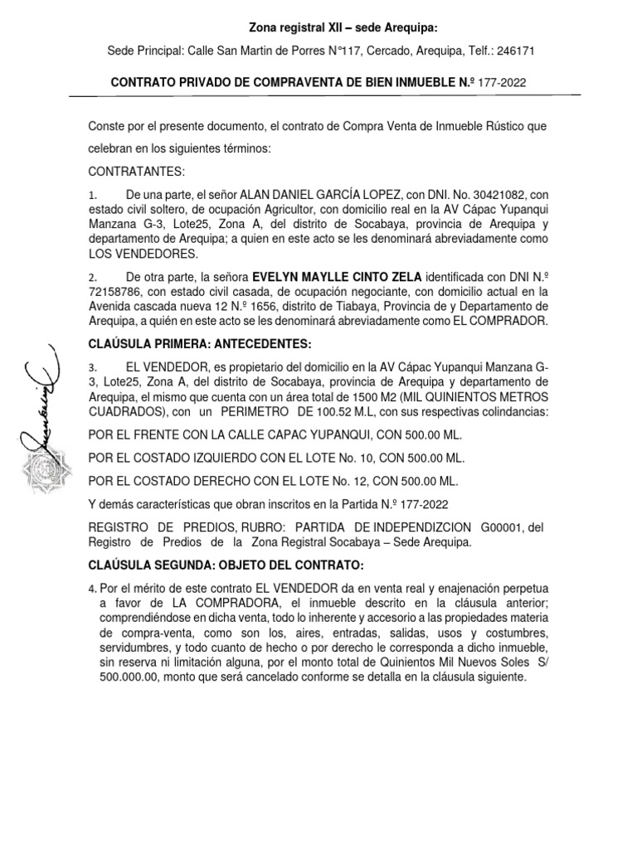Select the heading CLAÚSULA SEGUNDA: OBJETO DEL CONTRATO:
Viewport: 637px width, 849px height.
(226, 565)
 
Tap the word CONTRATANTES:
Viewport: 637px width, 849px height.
(136, 172)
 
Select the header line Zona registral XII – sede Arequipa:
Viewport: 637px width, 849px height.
(318, 27)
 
